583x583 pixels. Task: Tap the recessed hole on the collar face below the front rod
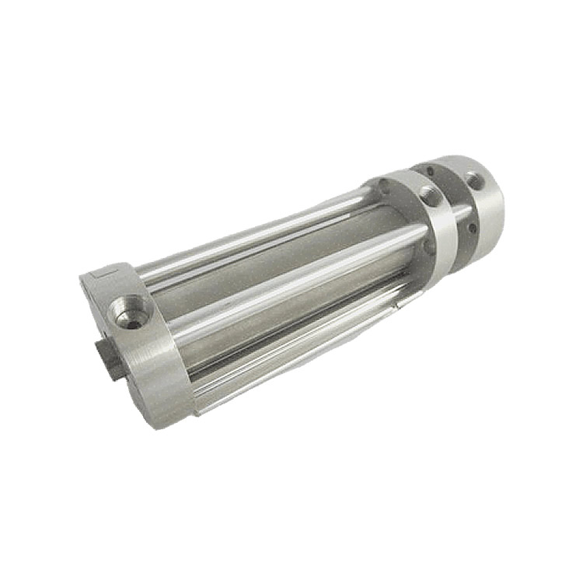click(430, 247)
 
